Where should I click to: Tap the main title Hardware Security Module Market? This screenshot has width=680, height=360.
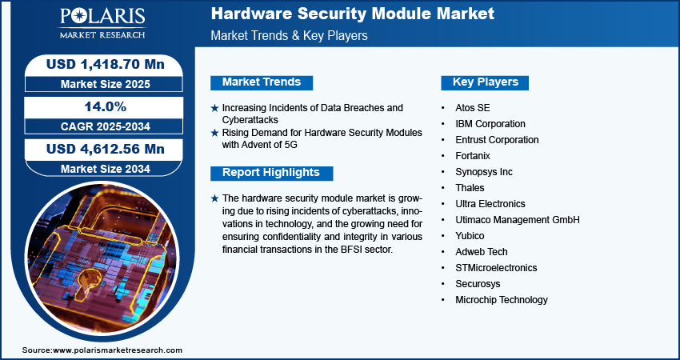tap(353, 14)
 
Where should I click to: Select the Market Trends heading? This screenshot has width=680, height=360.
tap(262, 82)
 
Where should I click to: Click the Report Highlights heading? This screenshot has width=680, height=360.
tap(271, 173)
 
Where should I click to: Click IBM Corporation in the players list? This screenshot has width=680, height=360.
tap(490, 124)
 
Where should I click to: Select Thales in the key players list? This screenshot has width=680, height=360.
tap(470, 188)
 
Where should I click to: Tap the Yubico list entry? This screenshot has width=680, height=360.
tap(470, 236)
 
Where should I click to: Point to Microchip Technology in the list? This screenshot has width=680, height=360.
tap(502, 300)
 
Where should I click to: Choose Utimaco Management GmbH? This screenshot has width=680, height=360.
tap(517, 220)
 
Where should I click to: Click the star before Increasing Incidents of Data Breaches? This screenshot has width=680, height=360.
tap(214, 108)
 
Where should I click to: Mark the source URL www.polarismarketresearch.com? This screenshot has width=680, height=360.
tap(117, 350)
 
